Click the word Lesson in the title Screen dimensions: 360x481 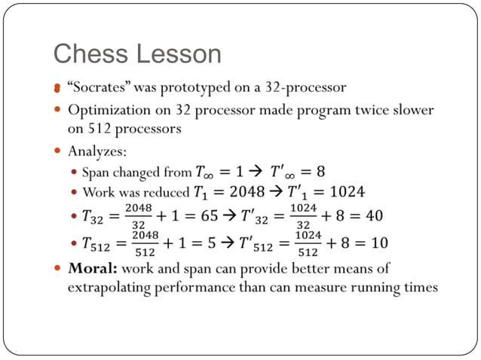click(179, 54)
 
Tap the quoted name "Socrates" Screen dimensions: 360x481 click(98, 87)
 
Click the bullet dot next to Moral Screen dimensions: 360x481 click(58, 269)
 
